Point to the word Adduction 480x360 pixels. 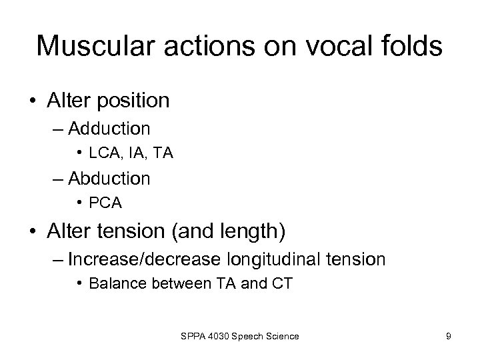pos(109,127)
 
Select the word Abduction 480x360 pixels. pos(109,179)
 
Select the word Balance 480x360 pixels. pos(112,283)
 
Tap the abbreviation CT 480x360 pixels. pos(282,283)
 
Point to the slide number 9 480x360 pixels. pos(448,337)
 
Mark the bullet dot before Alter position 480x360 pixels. pos(31,101)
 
